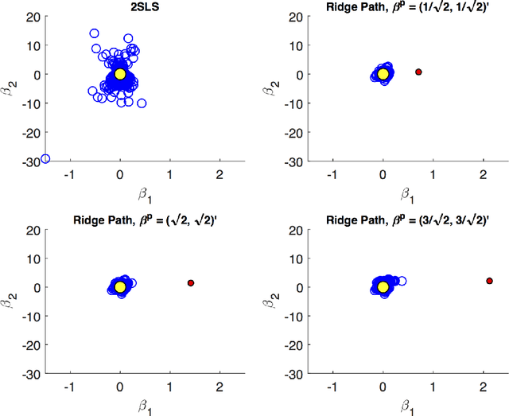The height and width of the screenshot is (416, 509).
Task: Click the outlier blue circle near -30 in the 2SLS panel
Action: point(45,159)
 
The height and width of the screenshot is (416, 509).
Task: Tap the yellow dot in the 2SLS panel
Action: point(120,74)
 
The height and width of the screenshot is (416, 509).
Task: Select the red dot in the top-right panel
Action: point(418,72)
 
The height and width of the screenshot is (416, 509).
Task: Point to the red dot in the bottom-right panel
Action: point(489,281)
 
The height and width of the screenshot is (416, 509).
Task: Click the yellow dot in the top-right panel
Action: point(383,74)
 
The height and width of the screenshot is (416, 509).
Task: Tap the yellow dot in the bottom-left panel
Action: point(120,286)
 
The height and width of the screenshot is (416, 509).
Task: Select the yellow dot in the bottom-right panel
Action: point(383,286)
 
